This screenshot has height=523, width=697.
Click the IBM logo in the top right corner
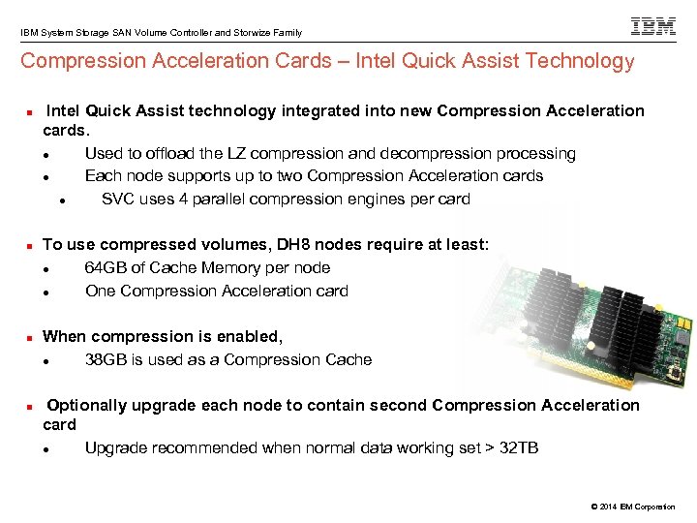653,26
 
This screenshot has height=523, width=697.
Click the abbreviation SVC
118,200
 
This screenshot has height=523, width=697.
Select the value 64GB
105,268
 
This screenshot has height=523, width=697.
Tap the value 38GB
105,360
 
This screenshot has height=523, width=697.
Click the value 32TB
521,448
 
